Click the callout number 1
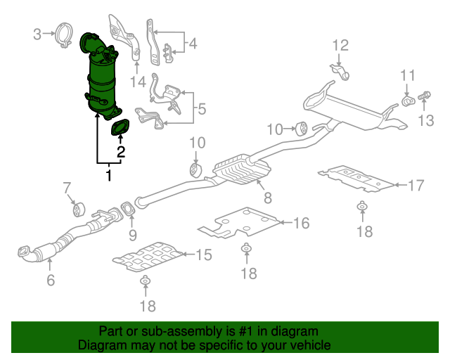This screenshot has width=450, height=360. click(109, 175)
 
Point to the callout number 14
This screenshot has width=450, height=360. click(138, 82)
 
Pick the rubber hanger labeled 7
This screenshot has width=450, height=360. click(78, 208)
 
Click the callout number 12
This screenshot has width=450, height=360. click(340, 46)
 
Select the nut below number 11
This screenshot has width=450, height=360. click(407, 103)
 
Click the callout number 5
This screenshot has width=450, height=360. click(201, 109)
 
